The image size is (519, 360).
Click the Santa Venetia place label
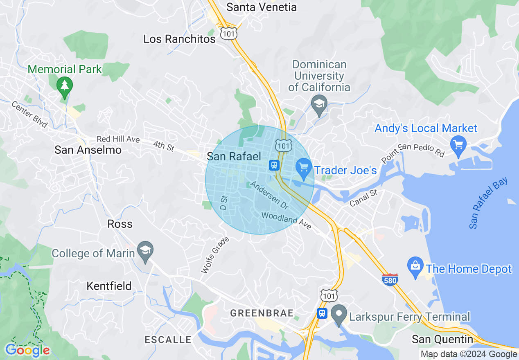tap(262, 7)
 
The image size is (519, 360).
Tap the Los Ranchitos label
tap(179, 39)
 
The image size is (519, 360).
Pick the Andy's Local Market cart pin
tap(458, 144)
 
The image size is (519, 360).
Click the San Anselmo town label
tap(88, 150)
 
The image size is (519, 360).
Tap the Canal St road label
tap(363, 198)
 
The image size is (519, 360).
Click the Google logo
tap(27, 350)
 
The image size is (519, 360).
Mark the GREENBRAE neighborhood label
tap(262, 313)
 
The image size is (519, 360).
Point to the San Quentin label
tap(442, 339)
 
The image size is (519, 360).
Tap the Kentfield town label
tap(109, 286)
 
